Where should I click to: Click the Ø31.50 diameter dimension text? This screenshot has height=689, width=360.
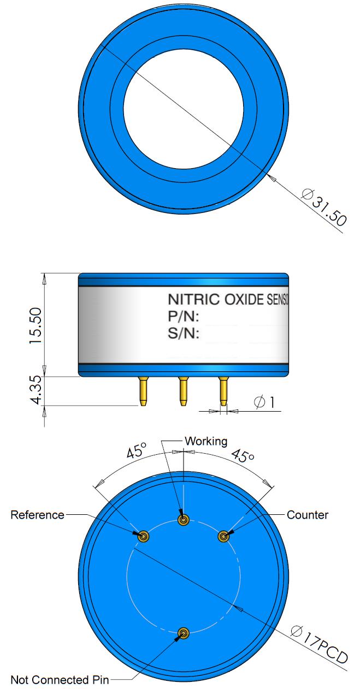point(323,208)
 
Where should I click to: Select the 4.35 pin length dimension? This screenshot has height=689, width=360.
point(36,390)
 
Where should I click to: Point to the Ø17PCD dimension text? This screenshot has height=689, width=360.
point(319,645)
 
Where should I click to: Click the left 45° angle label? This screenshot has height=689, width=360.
point(137,452)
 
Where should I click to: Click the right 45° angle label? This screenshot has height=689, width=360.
point(244,454)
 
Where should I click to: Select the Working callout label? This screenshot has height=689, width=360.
point(206,441)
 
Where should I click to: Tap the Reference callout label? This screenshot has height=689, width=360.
point(37,515)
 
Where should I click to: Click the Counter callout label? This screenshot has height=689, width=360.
point(308,515)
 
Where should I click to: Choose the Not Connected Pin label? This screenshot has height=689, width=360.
point(60,680)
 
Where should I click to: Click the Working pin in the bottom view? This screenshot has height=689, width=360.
point(184,519)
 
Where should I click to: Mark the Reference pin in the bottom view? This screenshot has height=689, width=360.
point(144,537)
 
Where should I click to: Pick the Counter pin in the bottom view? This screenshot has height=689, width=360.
point(223,537)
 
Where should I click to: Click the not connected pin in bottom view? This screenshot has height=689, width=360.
point(184,633)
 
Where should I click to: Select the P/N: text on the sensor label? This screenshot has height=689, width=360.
point(183,317)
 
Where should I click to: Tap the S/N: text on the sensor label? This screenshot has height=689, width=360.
point(183,334)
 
